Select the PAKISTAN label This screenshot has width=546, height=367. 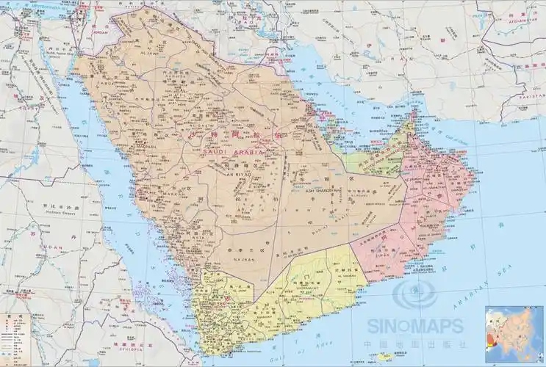pyautogui.click(x=528, y=96)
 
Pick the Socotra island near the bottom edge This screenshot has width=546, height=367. pyautogui.click(x=385, y=357)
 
